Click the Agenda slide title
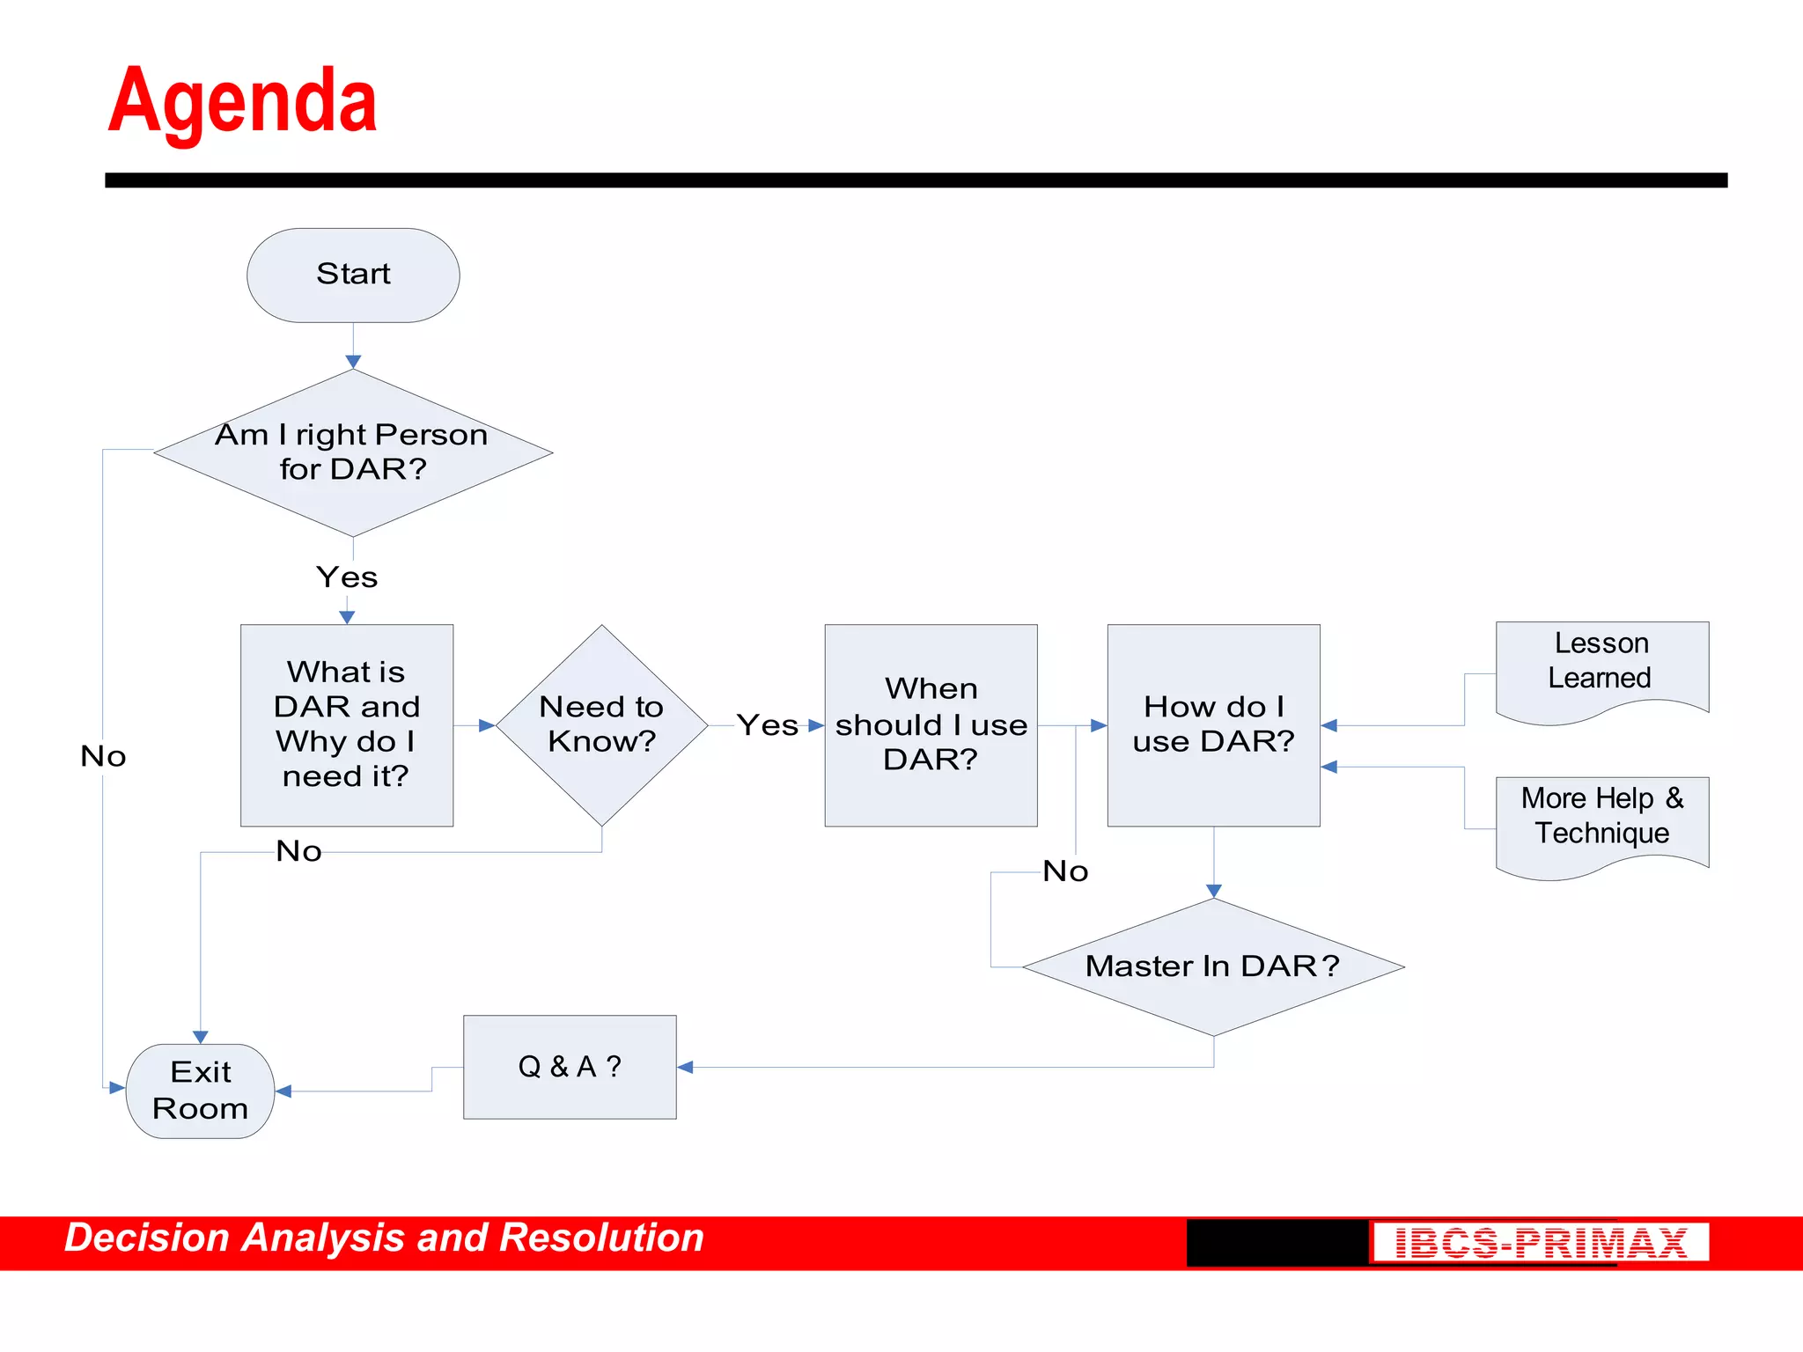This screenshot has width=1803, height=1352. point(242,101)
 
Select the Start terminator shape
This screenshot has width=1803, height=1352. point(353,275)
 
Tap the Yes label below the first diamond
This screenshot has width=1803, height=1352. point(347,577)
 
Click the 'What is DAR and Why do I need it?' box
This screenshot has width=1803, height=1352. point(347,724)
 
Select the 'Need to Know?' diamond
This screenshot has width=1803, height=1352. point(601,724)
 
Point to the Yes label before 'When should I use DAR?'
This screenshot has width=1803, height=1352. point(767,725)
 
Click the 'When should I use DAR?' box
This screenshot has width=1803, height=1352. point(931,724)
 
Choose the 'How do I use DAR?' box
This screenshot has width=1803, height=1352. point(1213,724)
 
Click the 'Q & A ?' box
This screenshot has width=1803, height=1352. point(570,1067)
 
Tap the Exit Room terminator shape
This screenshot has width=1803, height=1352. point(201,1091)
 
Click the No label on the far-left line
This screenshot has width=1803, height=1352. point(103,756)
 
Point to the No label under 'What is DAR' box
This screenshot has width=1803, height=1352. point(298,851)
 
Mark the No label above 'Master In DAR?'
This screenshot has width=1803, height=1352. point(1065,871)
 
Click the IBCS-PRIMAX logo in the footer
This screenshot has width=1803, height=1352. point(1540,1243)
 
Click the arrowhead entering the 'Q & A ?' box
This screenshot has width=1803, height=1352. point(686,1067)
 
